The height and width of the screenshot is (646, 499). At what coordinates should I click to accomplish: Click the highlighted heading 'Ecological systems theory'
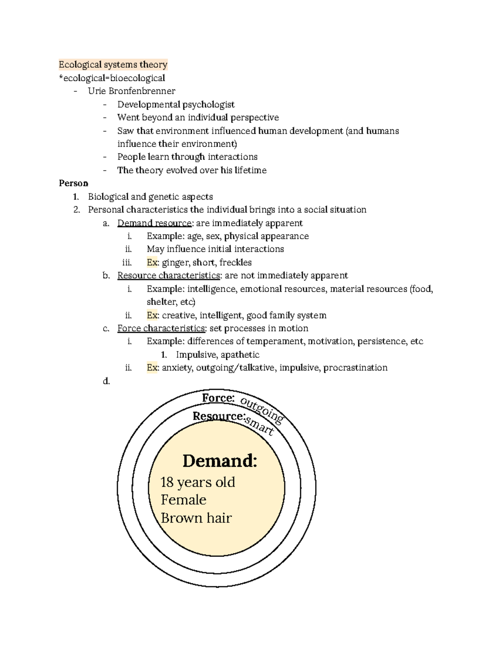tap(113, 64)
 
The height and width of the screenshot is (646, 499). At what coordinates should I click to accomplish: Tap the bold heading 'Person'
tap(74, 183)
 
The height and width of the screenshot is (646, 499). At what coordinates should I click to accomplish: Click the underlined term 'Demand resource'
tap(154, 223)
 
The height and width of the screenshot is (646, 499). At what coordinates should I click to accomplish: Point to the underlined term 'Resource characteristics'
tap(168, 275)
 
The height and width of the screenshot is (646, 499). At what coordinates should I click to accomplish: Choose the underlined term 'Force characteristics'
tap(161, 328)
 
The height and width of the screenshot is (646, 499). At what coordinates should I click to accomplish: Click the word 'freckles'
tap(235, 262)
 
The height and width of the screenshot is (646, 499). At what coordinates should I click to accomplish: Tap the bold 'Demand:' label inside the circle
tap(220, 460)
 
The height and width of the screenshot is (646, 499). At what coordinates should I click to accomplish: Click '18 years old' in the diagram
tap(198, 482)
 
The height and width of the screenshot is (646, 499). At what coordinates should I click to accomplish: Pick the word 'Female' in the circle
tap(183, 500)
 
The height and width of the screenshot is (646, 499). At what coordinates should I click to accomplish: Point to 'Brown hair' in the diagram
tap(196, 518)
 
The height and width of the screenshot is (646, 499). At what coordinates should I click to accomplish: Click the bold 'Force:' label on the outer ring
tap(218, 398)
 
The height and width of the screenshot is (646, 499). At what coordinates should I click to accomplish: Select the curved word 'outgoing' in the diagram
tap(262, 410)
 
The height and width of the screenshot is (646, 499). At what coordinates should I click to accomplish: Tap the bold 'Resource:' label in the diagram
tap(219, 416)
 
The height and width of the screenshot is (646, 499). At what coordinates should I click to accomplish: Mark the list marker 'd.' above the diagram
tap(106, 381)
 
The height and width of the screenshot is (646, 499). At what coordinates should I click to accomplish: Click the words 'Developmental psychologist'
tap(176, 104)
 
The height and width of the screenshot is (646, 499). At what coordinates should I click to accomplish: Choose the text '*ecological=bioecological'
tap(112, 78)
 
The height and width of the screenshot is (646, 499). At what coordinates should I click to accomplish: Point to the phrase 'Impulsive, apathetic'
tap(217, 355)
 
